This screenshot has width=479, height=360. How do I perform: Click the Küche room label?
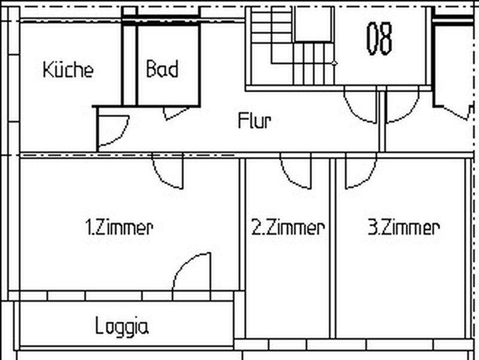click(x=68, y=69)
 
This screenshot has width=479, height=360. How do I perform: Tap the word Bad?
click(x=162, y=68)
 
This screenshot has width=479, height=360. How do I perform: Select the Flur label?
click(x=254, y=120)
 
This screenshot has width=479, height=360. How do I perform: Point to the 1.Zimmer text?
click(x=119, y=228)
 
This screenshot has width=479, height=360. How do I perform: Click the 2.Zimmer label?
click(x=288, y=228)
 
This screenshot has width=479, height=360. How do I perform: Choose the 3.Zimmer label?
click(x=404, y=228)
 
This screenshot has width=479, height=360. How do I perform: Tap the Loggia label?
click(x=122, y=326)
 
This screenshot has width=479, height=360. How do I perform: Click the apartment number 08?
click(x=379, y=38)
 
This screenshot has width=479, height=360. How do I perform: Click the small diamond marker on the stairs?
click(x=335, y=63)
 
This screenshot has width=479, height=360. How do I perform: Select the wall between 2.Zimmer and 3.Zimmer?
click(x=333, y=248)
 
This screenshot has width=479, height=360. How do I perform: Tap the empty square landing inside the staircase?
click(x=313, y=24)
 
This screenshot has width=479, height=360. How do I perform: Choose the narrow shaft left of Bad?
click(x=129, y=65)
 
